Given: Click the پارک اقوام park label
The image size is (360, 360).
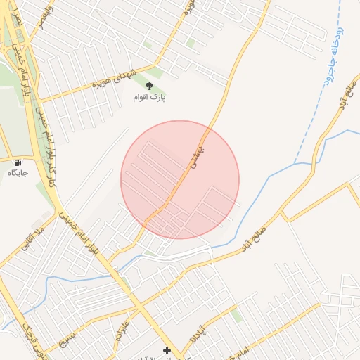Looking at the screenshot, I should pyautogui.click(x=149, y=96).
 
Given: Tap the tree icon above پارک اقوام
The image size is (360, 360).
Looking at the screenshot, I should pyautogui.click(x=149, y=86).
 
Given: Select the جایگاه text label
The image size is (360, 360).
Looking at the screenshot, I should pyautogui.click(x=17, y=173).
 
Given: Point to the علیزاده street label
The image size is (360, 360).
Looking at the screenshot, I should pyautogui.click(x=118, y=326).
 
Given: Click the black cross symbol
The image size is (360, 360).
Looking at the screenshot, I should pyautogui.click(x=167, y=349).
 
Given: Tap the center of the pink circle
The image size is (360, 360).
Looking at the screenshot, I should pyautogui.click(x=180, y=179).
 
